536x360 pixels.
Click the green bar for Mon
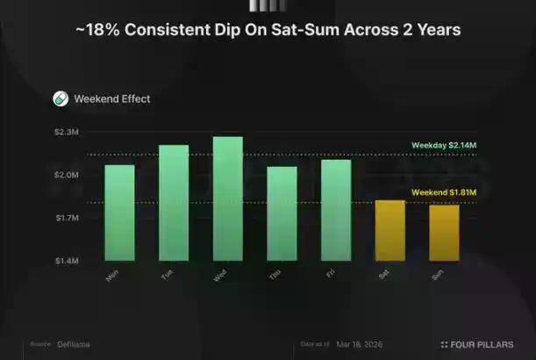pos(120,213)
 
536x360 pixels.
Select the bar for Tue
pos(174,203)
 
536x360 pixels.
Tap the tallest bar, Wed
pos(228,199)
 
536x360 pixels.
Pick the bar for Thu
pos(282,214)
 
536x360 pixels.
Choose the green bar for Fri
pos(336,211)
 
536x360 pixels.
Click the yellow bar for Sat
pos(390,231)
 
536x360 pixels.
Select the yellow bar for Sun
pos(444,233)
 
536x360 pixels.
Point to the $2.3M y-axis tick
pos(67,133)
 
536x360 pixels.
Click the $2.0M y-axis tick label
pos(67,176)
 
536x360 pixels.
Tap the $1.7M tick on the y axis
pos(67,218)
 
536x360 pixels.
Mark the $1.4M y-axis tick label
pos(67,261)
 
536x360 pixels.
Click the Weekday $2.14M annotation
pos(444,146)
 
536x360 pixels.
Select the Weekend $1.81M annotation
pos(444,193)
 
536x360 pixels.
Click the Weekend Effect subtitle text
pos(112,99)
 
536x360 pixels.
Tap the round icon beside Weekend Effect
pos(61,99)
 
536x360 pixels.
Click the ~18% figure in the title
pos(94,31)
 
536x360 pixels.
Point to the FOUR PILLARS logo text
pos(482,344)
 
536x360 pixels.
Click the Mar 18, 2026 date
pos(361,344)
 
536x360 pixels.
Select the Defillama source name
pos(75,344)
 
